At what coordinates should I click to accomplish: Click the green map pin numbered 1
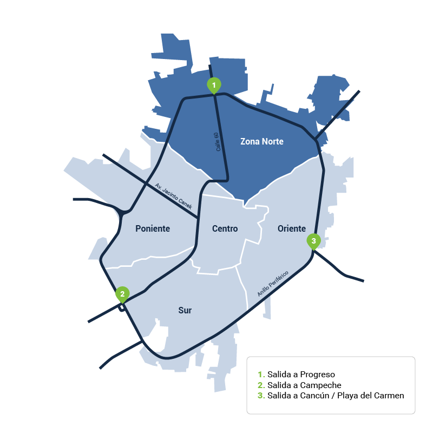[x=214, y=85]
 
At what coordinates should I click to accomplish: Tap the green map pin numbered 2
[x=123, y=294]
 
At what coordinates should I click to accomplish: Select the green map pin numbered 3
[x=313, y=241]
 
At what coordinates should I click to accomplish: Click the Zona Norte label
[x=262, y=142]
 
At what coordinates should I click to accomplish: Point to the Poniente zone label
[x=152, y=229]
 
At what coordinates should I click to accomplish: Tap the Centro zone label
[x=225, y=229]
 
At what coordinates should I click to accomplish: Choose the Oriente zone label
[x=292, y=228]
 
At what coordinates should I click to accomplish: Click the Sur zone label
[x=185, y=311]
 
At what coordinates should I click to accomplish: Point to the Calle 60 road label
[x=218, y=141]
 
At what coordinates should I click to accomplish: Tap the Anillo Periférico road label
[x=273, y=284]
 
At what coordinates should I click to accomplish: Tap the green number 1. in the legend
[x=261, y=375]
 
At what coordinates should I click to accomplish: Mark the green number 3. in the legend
[x=261, y=396]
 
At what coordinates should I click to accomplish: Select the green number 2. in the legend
[x=261, y=385]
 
